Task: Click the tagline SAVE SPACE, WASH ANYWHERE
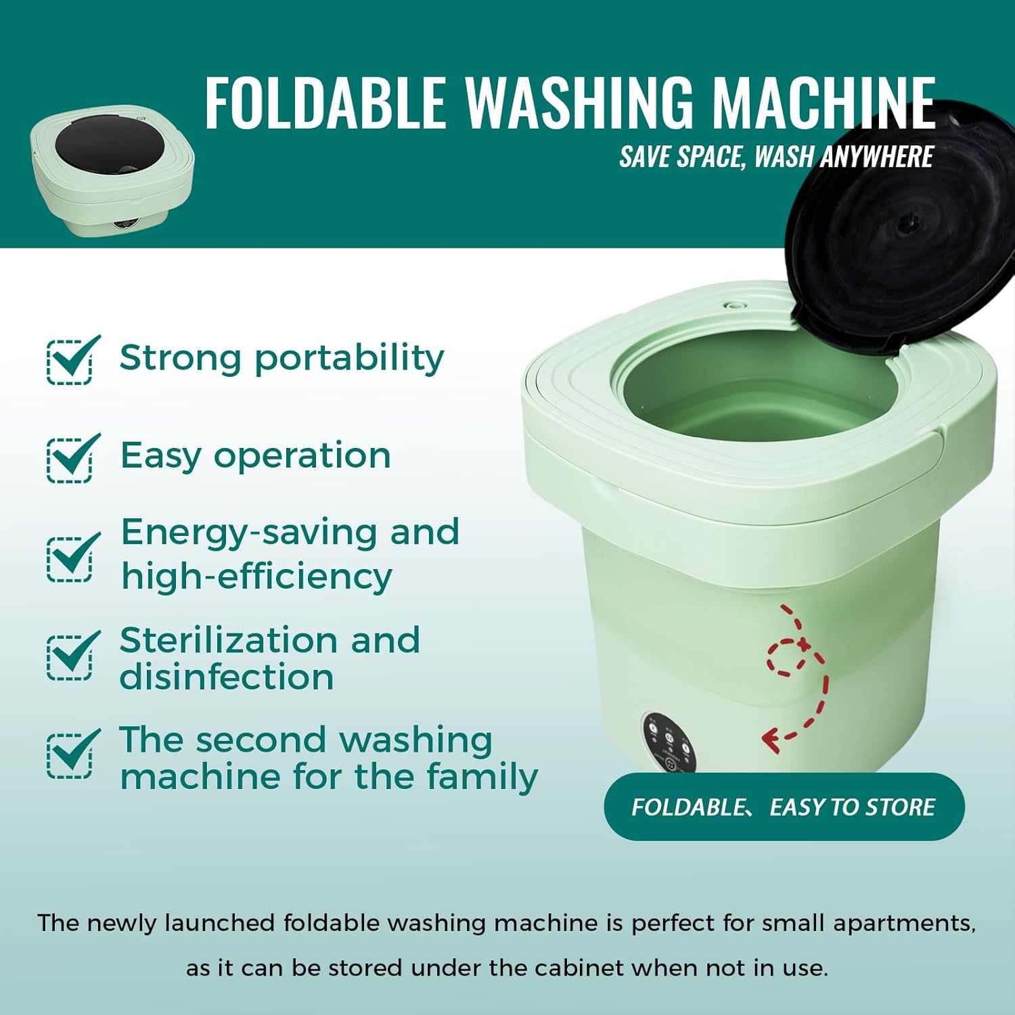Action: [x=776, y=157]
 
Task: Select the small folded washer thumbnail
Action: [x=112, y=171]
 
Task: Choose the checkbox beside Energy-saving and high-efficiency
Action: [x=70, y=558]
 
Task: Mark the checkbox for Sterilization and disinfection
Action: [x=70, y=656]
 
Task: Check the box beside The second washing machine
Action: [x=70, y=754]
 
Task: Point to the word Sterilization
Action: [x=227, y=640]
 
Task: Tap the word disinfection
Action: [x=227, y=677]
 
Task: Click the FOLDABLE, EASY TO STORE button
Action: [x=784, y=807]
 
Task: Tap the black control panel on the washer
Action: [x=669, y=742]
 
